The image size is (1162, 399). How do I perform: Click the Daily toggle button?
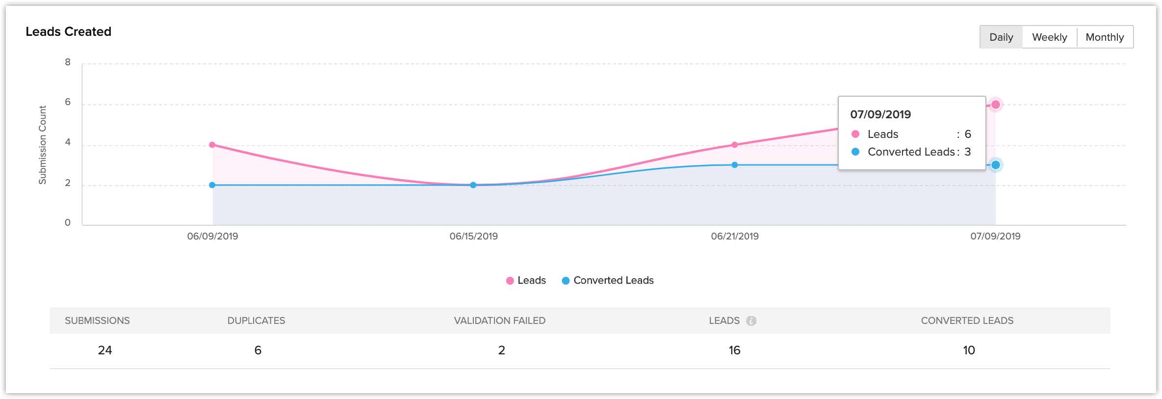[1001, 37]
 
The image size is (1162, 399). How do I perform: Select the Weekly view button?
[1049, 37]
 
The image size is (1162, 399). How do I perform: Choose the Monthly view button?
[1105, 37]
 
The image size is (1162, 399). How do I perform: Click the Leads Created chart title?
[68, 32]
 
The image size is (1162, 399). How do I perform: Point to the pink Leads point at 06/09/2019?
[212, 145]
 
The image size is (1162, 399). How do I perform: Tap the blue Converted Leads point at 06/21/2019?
[734, 165]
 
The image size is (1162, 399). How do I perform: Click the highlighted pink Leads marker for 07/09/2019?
[995, 105]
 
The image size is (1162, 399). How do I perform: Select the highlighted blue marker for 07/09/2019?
[995, 165]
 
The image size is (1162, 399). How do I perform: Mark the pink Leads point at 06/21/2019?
[734, 145]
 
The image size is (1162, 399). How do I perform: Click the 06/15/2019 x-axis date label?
[473, 236]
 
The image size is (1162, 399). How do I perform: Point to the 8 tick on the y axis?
[68, 62]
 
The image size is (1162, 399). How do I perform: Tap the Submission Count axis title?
[43, 145]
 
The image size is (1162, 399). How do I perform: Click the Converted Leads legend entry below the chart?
[608, 280]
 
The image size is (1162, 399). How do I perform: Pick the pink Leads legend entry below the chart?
[526, 280]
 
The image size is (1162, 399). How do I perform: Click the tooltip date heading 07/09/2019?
[880, 114]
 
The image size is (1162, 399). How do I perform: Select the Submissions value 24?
[104, 350]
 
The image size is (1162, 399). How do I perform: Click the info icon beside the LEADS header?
[751, 321]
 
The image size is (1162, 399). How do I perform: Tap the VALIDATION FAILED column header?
[499, 320]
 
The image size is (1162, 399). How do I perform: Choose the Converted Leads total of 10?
[969, 350]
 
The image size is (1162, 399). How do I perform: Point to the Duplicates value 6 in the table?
[258, 350]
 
